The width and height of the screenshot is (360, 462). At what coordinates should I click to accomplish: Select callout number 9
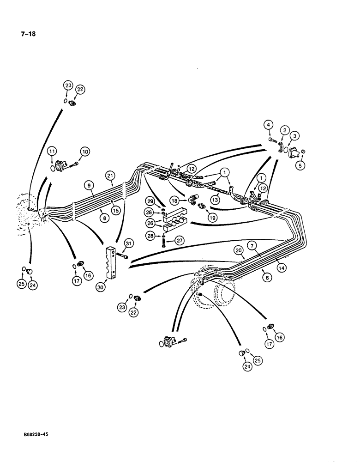tap(86, 187)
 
